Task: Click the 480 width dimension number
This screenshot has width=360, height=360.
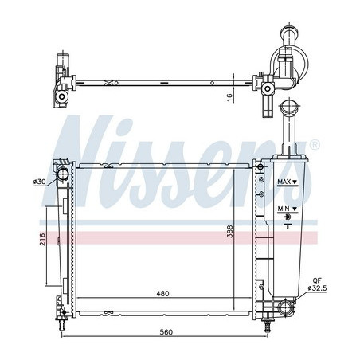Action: tap(162, 294)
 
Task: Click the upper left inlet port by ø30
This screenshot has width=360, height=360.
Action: tap(62, 174)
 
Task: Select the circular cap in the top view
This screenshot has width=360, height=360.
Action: tap(286, 68)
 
